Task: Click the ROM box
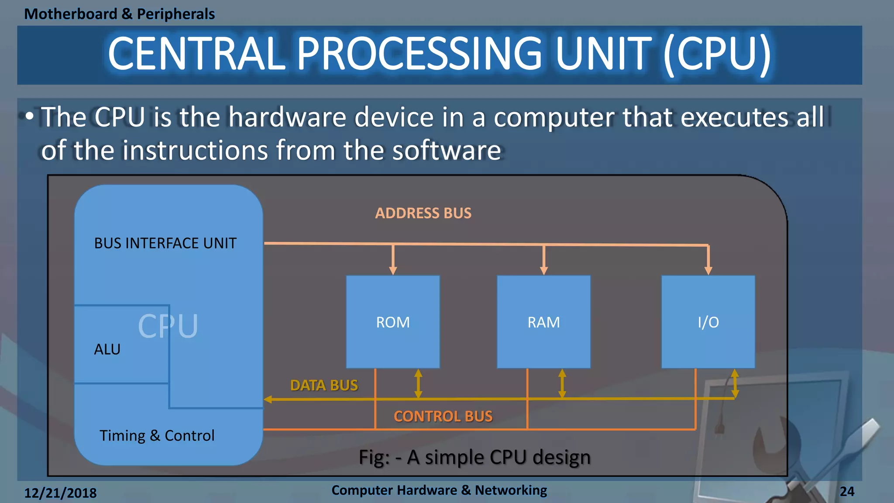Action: point(393,322)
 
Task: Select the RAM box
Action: point(543,322)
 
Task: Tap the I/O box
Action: point(708,322)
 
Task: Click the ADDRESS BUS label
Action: point(423,213)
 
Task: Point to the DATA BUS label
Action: point(324,385)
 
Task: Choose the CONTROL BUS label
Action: point(443,416)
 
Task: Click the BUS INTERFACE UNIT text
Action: point(165,243)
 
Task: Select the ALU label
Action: point(107,349)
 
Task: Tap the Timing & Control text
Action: point(157,435)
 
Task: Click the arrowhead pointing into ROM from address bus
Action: point(393,271)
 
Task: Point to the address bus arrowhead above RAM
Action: point(543,271)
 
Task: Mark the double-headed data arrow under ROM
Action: point(418,383)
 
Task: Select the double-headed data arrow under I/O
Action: point(735,383)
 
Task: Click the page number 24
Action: point(847,492)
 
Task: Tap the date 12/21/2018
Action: point(60,493)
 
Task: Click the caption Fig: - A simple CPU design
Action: point(475,457)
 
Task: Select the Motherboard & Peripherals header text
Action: point(119,14)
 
